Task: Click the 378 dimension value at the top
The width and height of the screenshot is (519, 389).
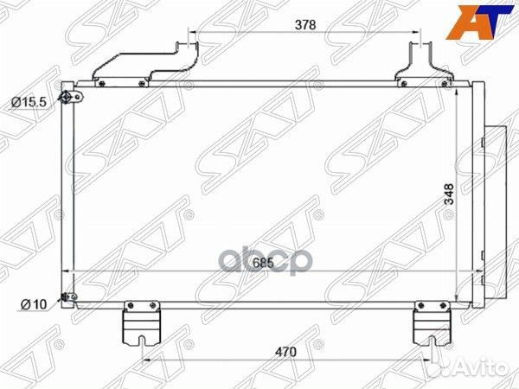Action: (304, 25)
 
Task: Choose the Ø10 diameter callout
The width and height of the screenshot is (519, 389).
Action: (32, 303)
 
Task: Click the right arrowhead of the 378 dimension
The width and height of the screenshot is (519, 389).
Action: (418, 37)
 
